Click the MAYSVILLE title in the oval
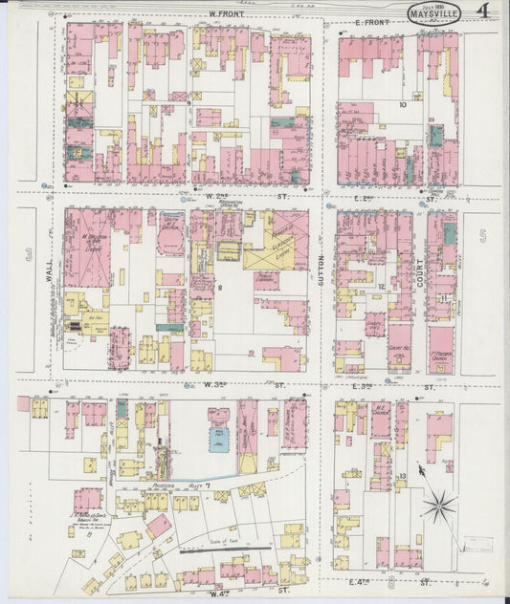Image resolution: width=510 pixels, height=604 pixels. point(433,14)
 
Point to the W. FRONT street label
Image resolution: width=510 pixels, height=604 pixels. point(224,13)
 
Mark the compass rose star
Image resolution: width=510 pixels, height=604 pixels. point(439,504)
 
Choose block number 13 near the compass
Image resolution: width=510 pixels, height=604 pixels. point(403,475)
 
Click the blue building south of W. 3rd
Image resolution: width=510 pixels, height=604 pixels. point(219,439)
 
